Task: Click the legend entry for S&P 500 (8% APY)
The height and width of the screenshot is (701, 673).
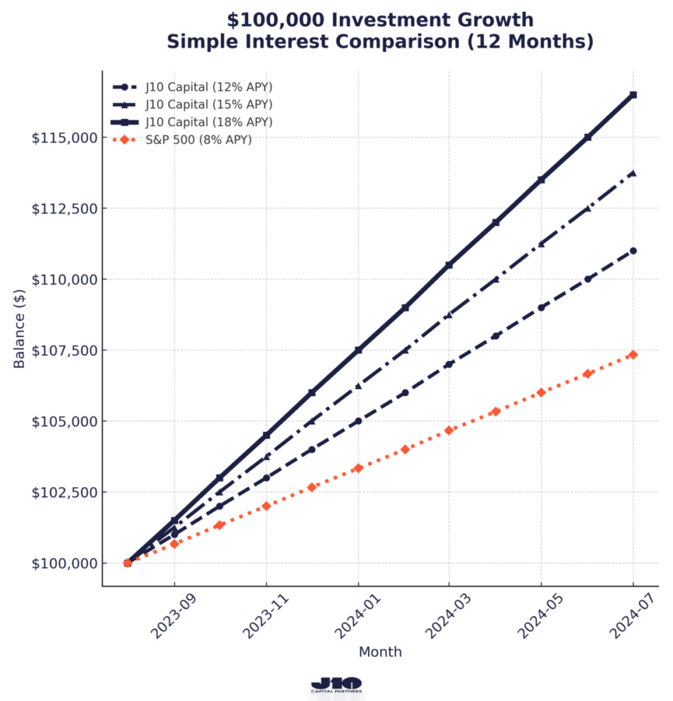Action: pos(198,139)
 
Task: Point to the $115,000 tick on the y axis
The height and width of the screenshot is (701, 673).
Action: pos(65,137)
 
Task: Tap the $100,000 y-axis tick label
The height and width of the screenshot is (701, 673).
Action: pos(65,563)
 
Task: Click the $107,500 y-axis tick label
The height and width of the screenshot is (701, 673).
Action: pos(65,350)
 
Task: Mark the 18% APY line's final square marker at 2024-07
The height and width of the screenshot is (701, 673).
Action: pos(633,95)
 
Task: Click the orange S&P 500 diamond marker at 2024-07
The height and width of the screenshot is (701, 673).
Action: pos(633,355)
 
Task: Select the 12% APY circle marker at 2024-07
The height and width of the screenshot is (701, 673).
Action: pos(633,250)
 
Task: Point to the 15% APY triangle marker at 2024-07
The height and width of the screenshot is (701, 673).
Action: pos(633,172)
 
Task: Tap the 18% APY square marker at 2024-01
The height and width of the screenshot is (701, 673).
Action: pos(358,350)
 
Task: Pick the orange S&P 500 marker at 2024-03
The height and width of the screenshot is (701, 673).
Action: pos(449,430)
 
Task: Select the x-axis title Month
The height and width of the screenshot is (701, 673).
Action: pos(380,652)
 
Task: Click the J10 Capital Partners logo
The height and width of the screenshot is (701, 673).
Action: pos(336,685)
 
